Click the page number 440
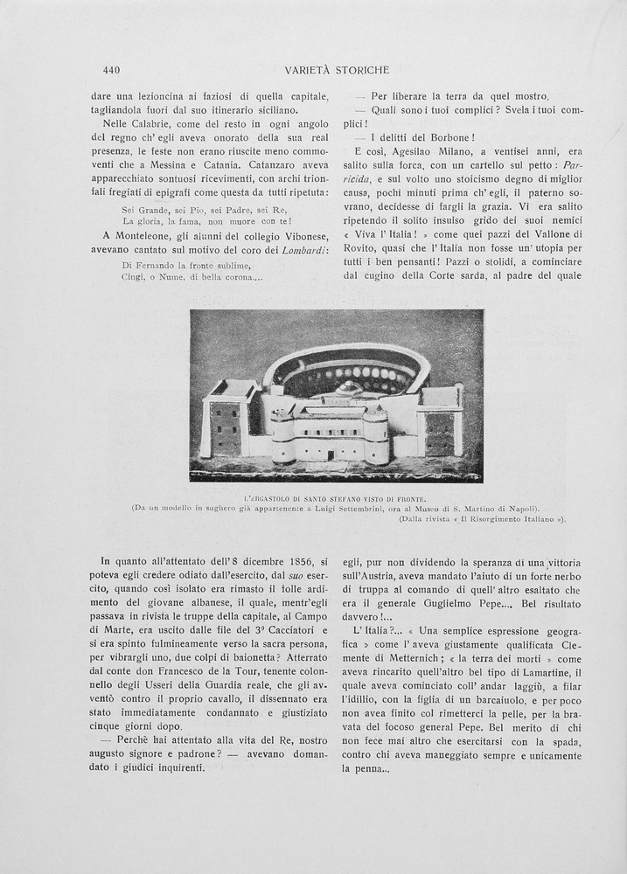click(111, 70)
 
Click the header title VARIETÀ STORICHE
click(337, 70)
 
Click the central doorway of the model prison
click(330, 454)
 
